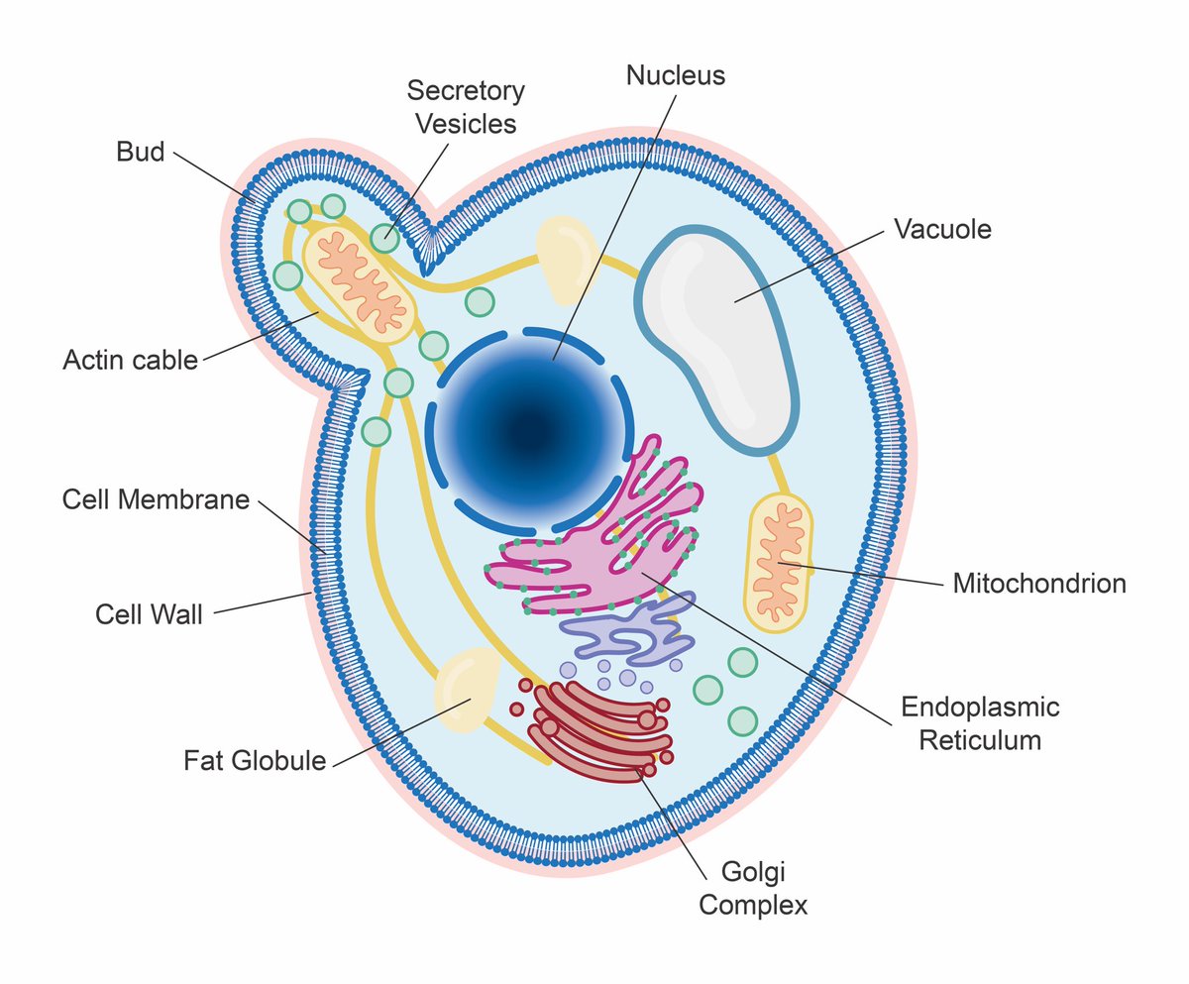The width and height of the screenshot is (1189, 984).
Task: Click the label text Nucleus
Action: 676,75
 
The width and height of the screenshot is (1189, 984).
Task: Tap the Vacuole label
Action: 942,229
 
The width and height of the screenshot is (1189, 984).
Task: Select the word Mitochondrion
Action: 1039,584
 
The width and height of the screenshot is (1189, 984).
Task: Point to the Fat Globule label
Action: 255,761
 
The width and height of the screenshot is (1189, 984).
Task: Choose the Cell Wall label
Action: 149,614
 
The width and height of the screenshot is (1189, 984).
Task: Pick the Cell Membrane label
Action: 156,499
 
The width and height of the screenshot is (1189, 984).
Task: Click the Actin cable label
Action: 130,360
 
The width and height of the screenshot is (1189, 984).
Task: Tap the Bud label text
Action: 140,152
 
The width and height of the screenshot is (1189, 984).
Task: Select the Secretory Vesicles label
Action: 466,107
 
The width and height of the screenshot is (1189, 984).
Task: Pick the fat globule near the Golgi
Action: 465,690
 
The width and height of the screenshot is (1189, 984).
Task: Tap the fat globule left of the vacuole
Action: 567,259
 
